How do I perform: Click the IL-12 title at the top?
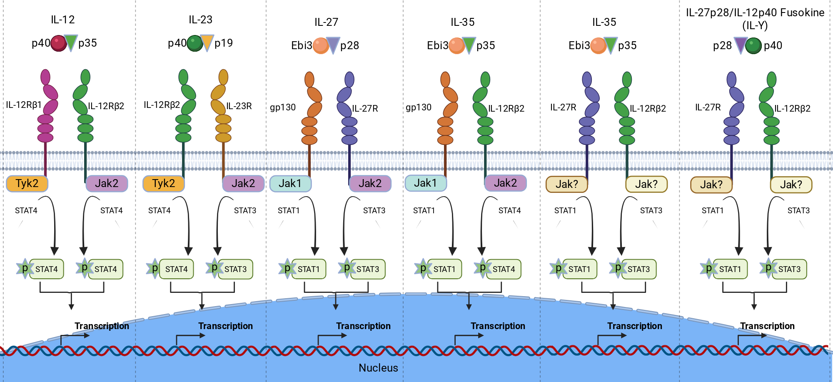[x=63, y=20]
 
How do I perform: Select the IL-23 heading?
[x=200, y=20]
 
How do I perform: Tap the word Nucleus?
[x=378, y=368]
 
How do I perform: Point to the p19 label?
[x=224, y=43]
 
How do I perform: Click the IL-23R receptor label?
[x=239, y=106]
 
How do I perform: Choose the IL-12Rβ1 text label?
[x=24, y=105]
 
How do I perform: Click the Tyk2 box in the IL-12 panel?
[x=27, y=184]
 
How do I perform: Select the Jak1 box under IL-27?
[x=290, y=184]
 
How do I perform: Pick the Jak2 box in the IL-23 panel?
[x=243, y=184]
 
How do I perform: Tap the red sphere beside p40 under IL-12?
[x=59, y=43]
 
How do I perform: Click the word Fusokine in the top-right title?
[x=802, y=13]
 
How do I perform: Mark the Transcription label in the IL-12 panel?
[x=102, y=326]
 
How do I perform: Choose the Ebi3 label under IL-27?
[x=302, y=45]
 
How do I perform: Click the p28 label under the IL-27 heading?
[x=349, y=45]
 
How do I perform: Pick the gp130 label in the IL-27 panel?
[x=283, y=107]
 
